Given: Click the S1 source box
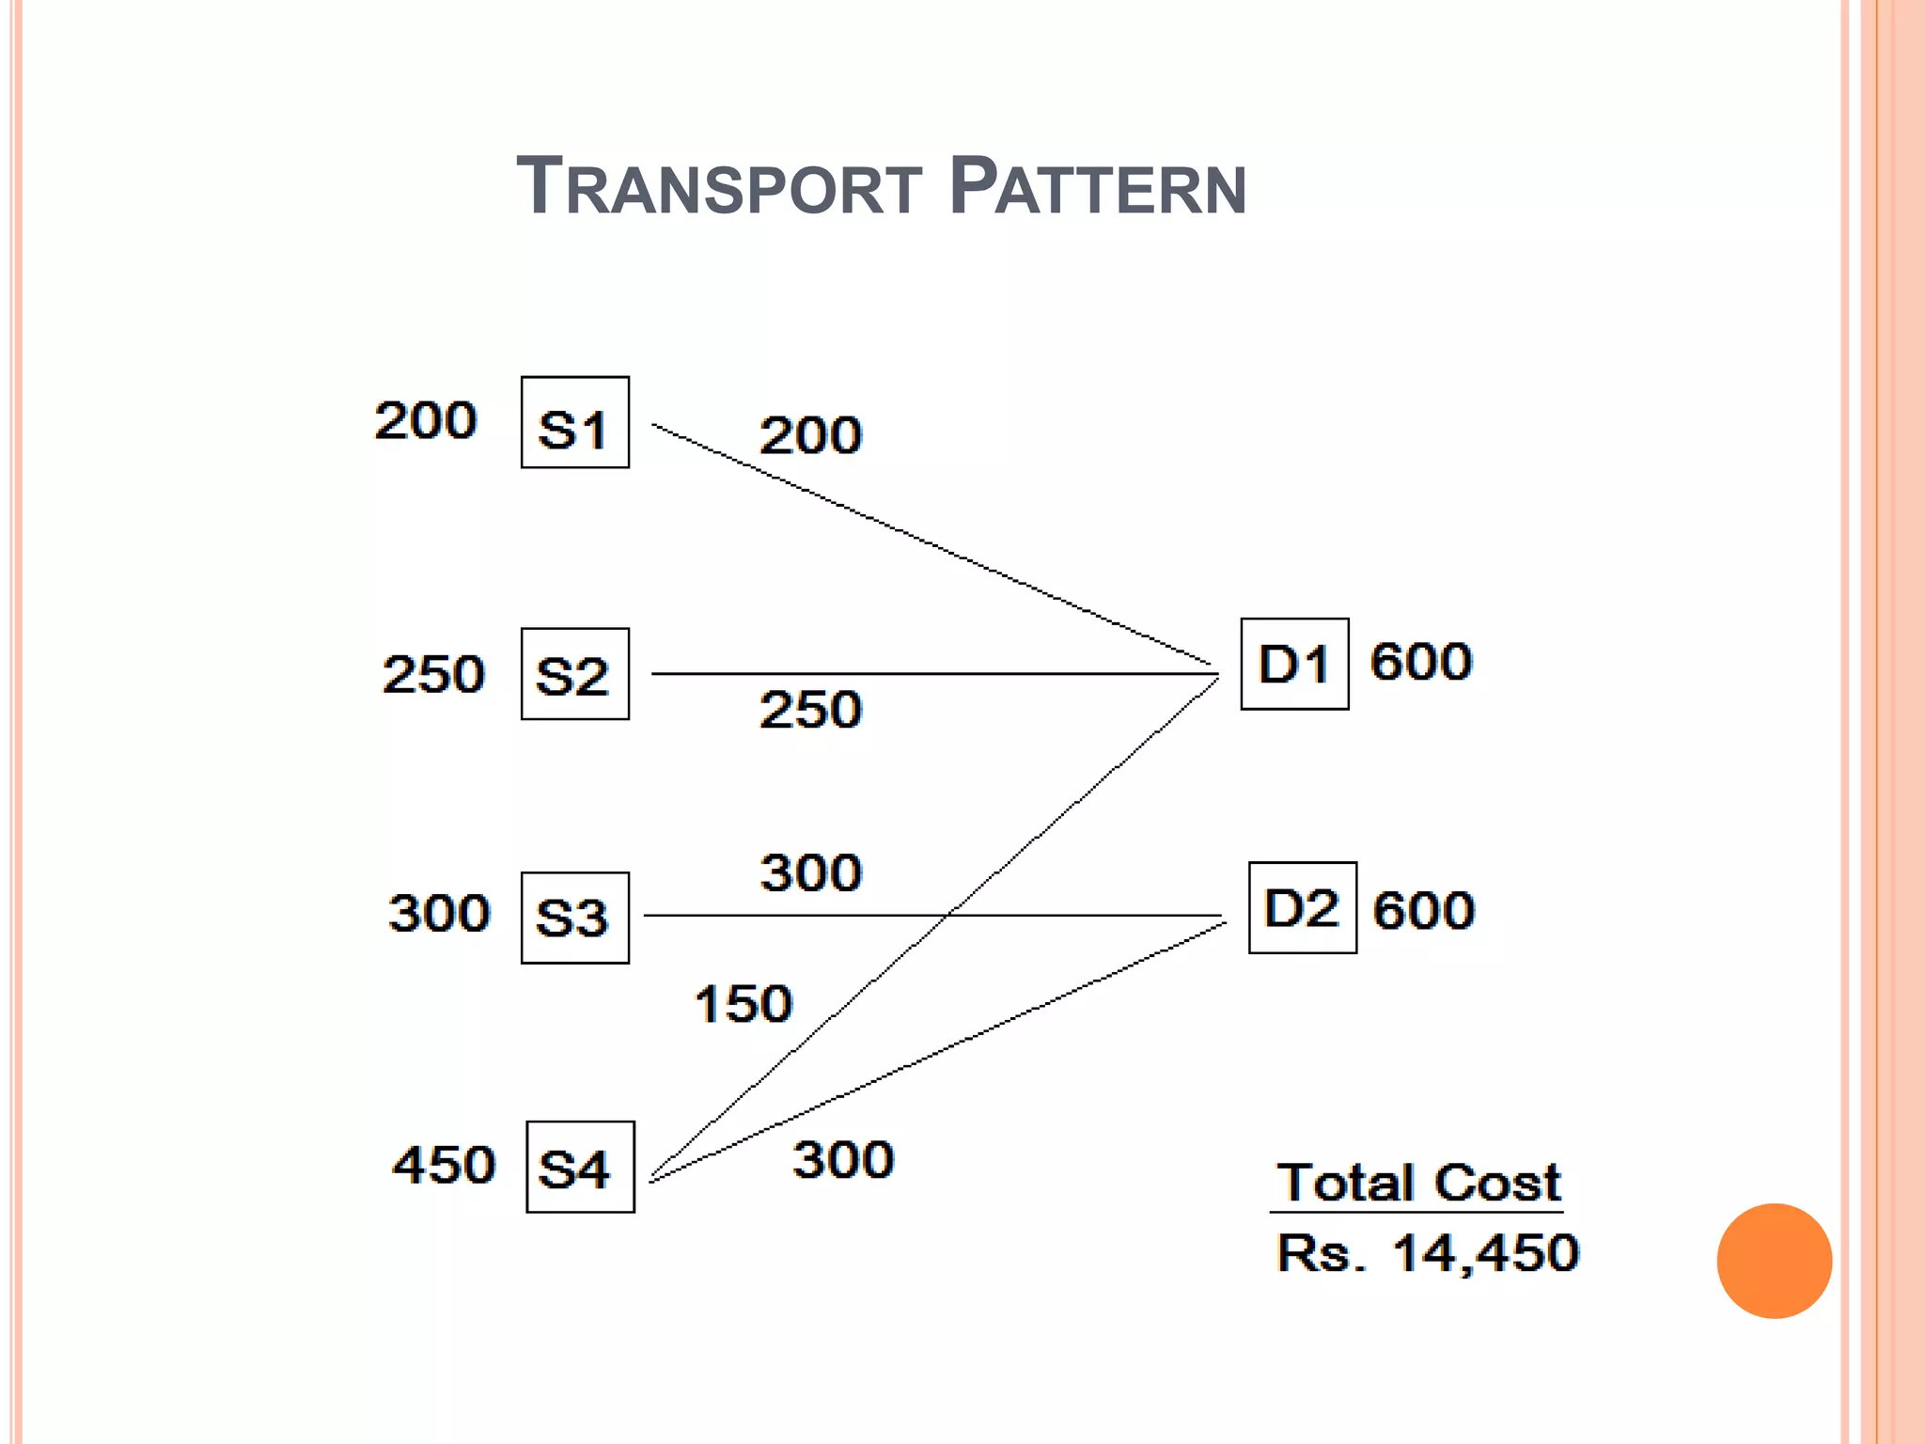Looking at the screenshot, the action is point(574,422).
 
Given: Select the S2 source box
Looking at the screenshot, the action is point(574,674).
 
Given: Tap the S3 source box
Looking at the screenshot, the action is point(574,918).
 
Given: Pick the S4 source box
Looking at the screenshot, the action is point(580,1167).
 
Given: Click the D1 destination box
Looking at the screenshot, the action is point(1294,664).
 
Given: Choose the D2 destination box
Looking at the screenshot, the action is point(1302,908).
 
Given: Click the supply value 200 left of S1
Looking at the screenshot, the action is point(426,420).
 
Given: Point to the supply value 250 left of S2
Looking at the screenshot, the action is point(433,674).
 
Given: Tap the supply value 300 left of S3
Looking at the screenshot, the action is point(439,913).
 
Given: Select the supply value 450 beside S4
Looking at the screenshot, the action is point(444,1165).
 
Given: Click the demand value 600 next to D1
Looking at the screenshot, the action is point(1421,661).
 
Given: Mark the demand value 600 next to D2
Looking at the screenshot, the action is point(1424,910).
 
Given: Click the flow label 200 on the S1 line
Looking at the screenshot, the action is point(810,435).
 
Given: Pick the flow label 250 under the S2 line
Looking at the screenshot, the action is point(810,709).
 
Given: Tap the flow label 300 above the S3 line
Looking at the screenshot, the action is point(810,872).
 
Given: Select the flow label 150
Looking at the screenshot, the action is point(743,1003).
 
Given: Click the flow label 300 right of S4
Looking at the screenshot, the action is point(843,1159).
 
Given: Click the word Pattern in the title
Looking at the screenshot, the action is point(1097,186).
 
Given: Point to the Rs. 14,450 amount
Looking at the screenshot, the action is point(1428,1253).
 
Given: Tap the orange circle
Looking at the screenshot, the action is point(1774,1261).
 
